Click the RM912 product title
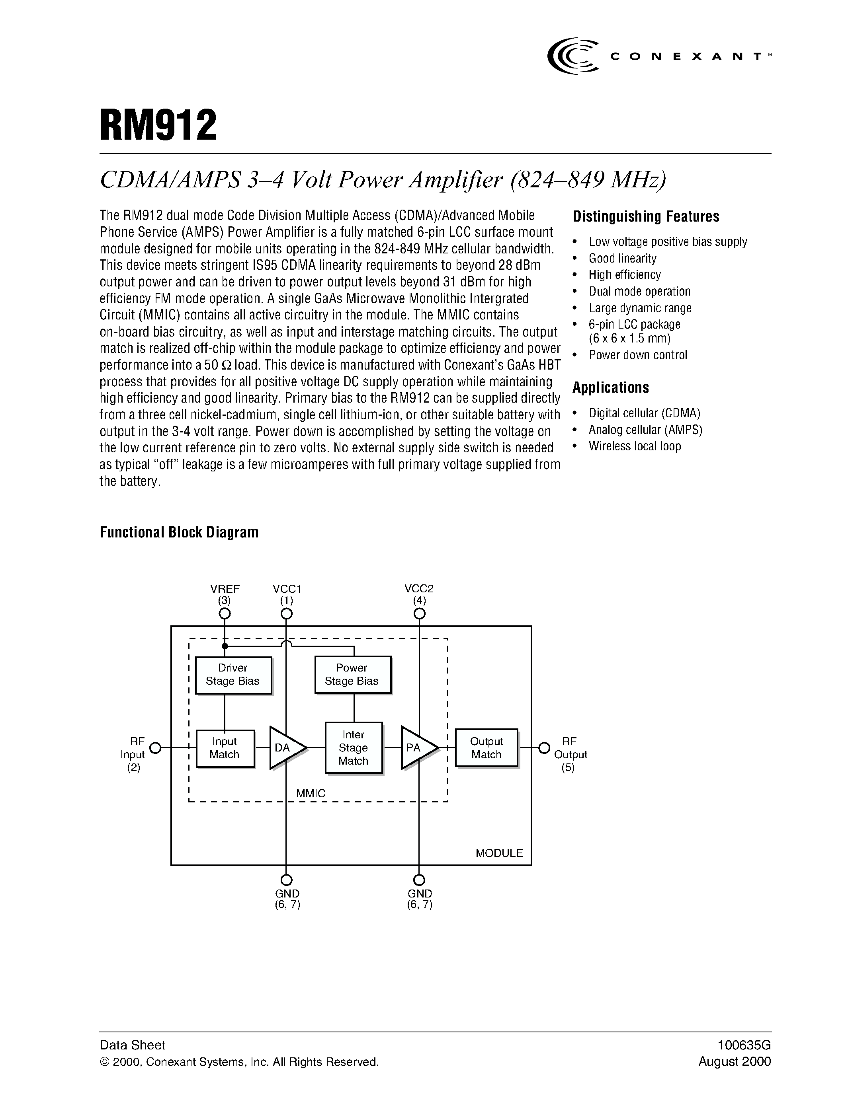pyautogui.click(x=158, y=126)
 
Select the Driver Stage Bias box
pyautogui.click(x=233, y=675)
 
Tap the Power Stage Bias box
pyautogui.click(x=352, y=674)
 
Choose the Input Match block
pyautogui.click(x=225, y=748)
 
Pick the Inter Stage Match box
pyautogui.click(x=354, y=748)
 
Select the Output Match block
pyautogui.click(x=486, y=748)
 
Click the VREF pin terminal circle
pyautogui.click(x=225, y=613)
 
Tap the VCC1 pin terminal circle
pyautogui.click(x=286, y=613)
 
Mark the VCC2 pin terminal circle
pyautogui.click(x=420, y=613)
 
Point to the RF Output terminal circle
pyautogui.click(x=544, y=748)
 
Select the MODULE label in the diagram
pyautogui.click(x=499, y=853)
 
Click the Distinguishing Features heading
pyautogui.click(x=646, y=216)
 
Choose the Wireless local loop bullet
pyautogui.click(x=635, y=446)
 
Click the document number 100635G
pyautogui.click(x=744, y=1045)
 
